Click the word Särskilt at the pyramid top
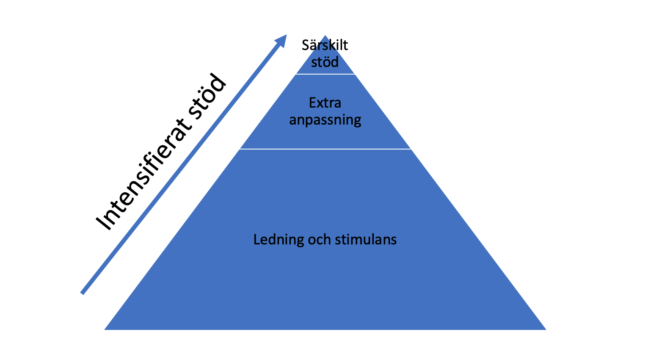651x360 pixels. click(x=325, y=45)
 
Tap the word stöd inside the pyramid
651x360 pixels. click(x=325, y=62)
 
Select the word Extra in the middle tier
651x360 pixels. click(x=325, y=103)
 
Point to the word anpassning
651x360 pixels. click(x=325, y=120)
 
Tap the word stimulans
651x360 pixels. click(x=366, y=240)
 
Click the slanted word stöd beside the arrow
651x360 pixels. click(x=207, y=97)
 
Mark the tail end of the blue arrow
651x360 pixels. click(x=83, y=293)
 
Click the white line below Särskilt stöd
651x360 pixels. click(x=325, y=74)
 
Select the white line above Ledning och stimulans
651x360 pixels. click(x=325, y=149)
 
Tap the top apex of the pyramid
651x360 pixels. click(x=325, y=36)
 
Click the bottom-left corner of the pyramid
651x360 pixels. click(x=105, y=329)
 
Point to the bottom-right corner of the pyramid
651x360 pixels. click(x=545, y=329)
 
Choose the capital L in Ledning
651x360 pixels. click(x=257, y=240)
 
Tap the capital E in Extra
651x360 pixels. click(x=312, y=103)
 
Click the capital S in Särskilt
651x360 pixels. click(x=306, y=45)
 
